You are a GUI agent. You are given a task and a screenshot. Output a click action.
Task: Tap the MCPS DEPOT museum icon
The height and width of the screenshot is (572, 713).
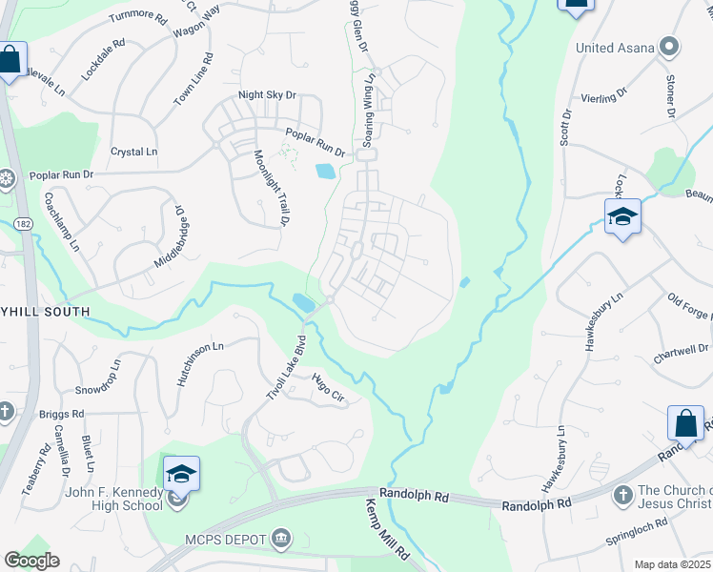[281, 540]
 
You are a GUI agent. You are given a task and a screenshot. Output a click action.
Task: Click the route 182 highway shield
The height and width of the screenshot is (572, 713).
[24, 223]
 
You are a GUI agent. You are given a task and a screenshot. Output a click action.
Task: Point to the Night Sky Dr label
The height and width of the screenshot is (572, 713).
[268, 95]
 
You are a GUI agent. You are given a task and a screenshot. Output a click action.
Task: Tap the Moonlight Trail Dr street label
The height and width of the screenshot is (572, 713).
[271, 188]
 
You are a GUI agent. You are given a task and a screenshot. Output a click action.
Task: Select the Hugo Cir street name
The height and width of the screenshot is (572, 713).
[328, 389]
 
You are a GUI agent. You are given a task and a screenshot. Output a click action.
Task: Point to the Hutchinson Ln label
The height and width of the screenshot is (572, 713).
[199, 364]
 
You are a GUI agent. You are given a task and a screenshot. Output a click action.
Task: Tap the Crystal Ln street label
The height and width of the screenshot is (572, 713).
[133, 152]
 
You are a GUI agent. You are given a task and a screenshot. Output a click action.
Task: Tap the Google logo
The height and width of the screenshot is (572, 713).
[31, 561]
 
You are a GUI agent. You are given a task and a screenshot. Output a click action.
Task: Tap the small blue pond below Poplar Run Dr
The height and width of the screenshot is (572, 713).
[324, 172]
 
